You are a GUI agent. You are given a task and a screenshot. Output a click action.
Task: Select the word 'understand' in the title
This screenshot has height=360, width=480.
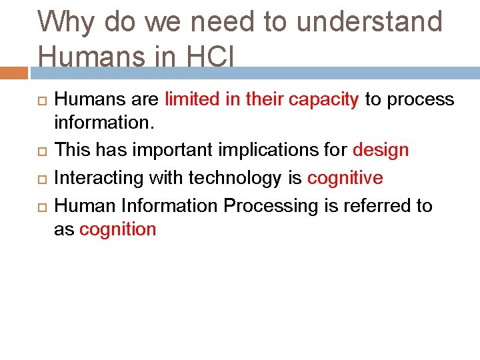(x=369, y=23)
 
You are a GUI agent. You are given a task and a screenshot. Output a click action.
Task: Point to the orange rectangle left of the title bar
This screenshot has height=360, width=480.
(x=14, y=72)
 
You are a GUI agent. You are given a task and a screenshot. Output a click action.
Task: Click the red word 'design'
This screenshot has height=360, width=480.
(x=381, y=151)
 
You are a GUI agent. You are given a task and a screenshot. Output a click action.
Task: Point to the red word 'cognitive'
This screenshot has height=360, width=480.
(x=345, y=179)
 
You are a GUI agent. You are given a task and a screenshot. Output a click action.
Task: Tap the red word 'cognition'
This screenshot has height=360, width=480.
(x=118, y=230)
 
